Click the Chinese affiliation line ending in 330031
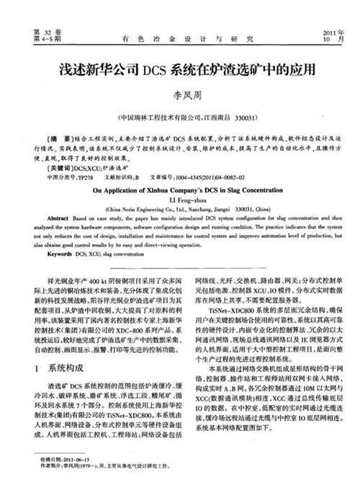click(x=180, y=116)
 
